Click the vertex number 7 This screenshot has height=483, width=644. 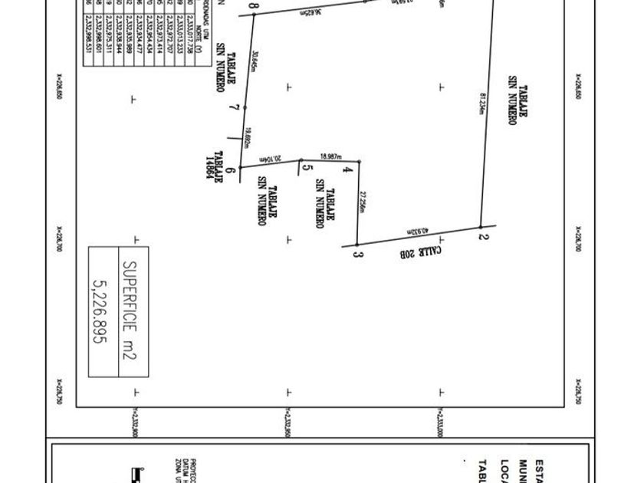click(238, 109)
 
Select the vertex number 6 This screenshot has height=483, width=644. click(231, 165)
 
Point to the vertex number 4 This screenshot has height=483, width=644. click(350, 168)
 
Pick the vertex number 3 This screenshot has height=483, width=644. click(357, 253)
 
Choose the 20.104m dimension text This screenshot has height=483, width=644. click(271, 159)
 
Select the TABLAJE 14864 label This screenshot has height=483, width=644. click(212, 165)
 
